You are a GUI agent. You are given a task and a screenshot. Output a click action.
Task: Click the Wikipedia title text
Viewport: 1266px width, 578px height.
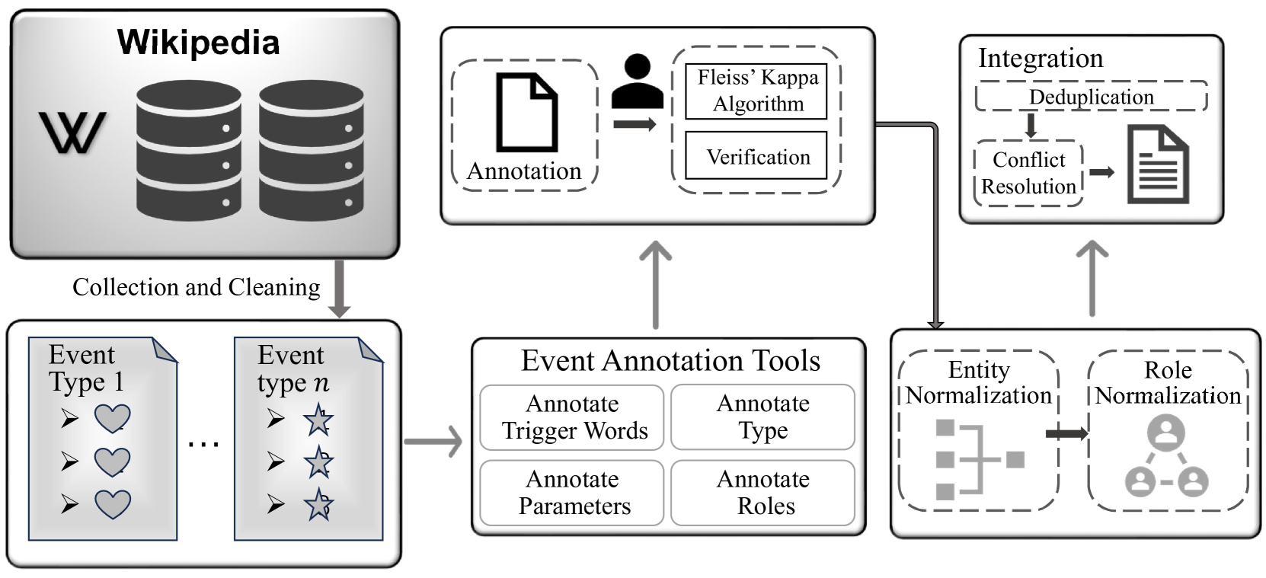(198, 42)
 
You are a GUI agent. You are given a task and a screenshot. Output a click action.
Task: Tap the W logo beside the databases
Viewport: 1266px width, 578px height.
(72, 133)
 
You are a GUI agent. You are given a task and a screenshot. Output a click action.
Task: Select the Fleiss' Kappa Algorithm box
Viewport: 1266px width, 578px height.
(756, 91)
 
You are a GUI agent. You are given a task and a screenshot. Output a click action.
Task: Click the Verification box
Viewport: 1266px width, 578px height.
(756, 157)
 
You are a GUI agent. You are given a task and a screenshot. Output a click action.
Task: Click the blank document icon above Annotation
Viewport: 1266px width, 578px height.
(526, 112)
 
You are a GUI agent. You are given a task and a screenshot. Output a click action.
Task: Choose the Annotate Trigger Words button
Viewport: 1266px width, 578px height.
(572, 417)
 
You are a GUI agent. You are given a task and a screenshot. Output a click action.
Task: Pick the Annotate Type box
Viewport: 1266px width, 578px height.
(762, 417)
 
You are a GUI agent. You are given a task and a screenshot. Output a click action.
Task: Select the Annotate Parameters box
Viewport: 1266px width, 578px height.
(572, 493)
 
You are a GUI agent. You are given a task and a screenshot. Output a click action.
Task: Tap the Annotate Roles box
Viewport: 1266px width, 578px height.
(762, 493)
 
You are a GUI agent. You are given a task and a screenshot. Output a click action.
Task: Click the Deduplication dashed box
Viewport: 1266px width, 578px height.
(1091, 97)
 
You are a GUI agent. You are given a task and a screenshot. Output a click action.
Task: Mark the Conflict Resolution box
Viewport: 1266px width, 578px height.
(1028, 173)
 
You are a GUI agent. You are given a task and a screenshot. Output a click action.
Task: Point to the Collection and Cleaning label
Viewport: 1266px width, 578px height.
(196, 287)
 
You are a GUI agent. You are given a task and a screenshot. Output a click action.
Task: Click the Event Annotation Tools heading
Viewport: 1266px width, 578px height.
(670, 360)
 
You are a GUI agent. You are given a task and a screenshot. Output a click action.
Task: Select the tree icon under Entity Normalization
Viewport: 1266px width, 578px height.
(979, 459)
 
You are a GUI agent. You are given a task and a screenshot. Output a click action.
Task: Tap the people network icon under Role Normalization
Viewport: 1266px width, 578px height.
(1167, 458)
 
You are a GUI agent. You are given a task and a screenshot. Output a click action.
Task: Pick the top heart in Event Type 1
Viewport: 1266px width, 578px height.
(112, 418)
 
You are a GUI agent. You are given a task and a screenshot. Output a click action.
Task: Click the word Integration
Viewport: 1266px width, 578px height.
(1041, 59)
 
